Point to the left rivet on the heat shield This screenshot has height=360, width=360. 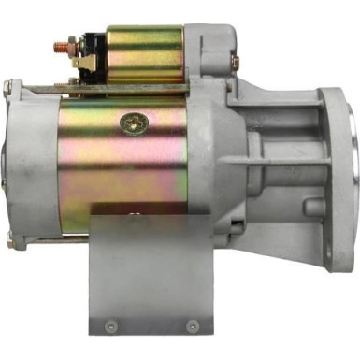(111, 325)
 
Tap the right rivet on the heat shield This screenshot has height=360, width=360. (192, 325)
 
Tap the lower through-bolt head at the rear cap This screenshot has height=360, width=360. (9, 239)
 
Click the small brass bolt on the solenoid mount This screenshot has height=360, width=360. (236, 61)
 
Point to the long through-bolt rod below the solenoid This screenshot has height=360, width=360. (56, 90)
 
